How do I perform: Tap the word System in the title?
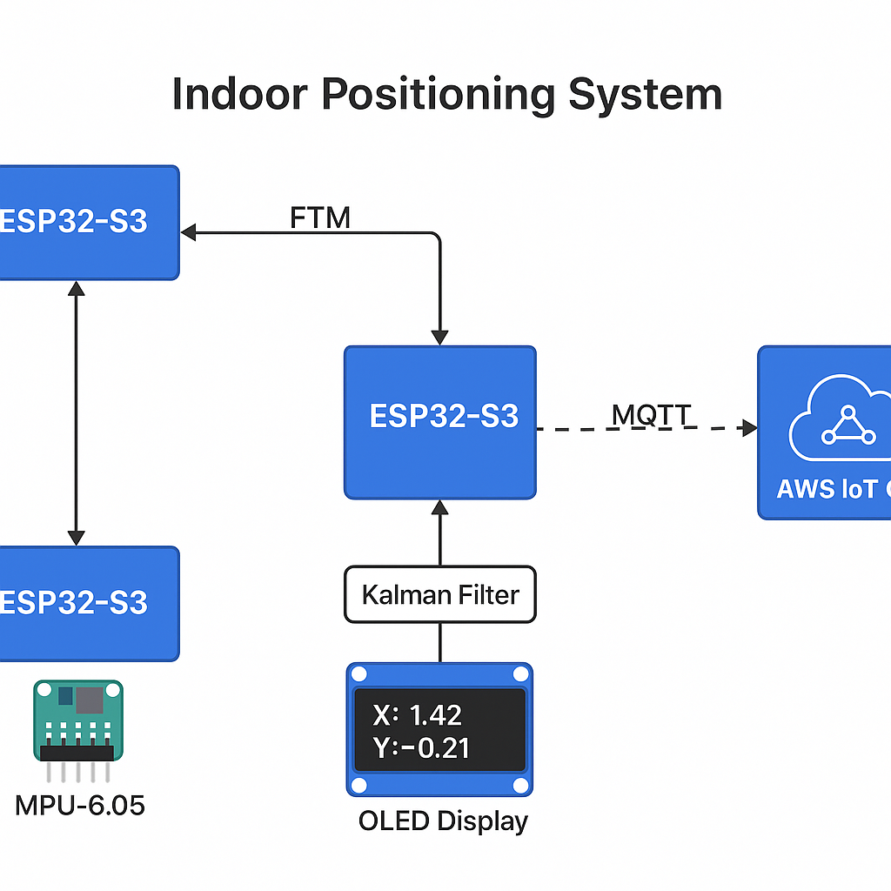point(645,94)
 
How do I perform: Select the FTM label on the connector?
point(320,218)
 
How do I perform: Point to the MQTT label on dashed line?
point(652,415)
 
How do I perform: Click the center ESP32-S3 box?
point(440,422)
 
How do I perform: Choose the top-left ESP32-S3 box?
point(87,222)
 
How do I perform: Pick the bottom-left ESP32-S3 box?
point(87,603)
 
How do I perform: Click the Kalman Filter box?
point(440,595)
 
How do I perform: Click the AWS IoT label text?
point(831,489)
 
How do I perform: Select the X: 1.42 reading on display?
point(417,715)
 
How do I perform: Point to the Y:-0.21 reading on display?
point(421,747)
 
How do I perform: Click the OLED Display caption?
point(443,821)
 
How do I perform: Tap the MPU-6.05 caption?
point(80,805)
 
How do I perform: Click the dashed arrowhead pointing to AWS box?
point(748,427)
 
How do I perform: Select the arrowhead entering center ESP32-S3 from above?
point(440,338)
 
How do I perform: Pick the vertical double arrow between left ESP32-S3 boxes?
point(77,413)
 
